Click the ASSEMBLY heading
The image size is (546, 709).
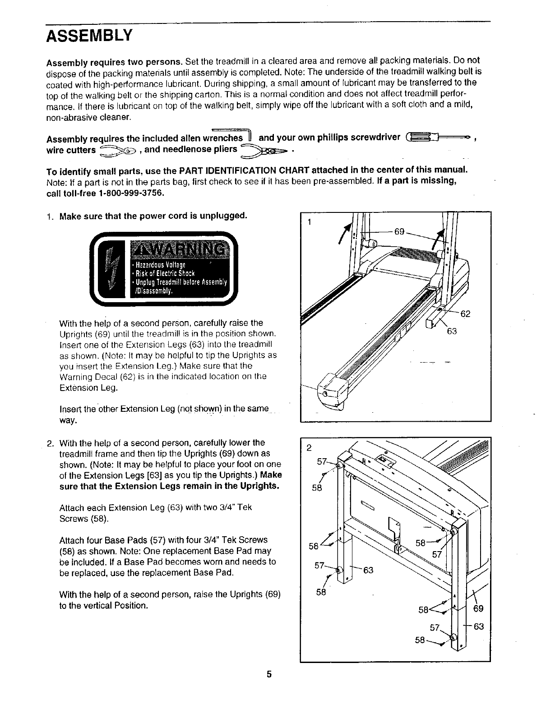89,35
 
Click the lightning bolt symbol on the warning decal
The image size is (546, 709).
111,271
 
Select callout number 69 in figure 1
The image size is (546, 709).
399,232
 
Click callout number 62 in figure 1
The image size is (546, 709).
466,313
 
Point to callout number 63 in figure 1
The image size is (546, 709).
452,331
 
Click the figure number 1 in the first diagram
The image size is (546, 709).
309,221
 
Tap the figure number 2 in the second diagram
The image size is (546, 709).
309,448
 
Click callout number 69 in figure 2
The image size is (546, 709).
478,609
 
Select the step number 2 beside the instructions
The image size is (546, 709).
50,442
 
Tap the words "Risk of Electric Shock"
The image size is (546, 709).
163,273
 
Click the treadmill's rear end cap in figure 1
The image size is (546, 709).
333,391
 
